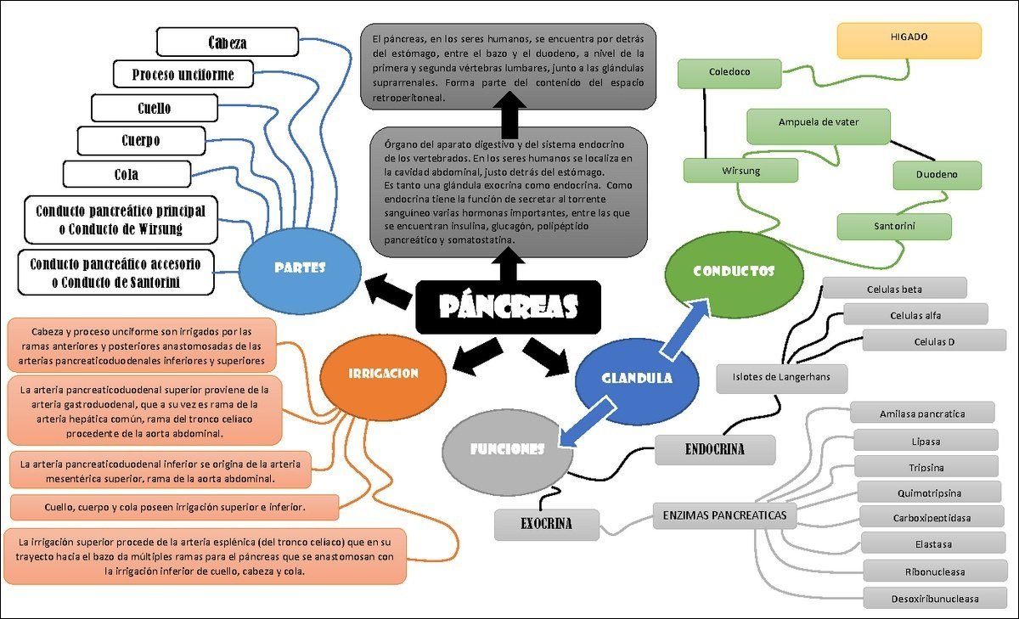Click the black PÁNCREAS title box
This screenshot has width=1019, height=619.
point(508,307)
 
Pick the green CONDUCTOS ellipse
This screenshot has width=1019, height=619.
point(733,272)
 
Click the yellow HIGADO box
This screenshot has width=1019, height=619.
point(909,39)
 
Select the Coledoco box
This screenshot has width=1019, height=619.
point(729,73)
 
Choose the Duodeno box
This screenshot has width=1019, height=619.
point(937,175)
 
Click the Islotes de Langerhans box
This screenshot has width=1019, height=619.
point(780,377)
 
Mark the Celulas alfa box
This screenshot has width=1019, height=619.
point(915,315)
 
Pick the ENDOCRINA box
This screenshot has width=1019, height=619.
point(714,450)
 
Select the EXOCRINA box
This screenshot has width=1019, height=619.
point(546,524)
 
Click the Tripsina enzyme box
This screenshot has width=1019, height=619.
point(925,468)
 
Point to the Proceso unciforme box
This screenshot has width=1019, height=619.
point(183,74)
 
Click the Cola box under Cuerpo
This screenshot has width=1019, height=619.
point(127,174)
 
